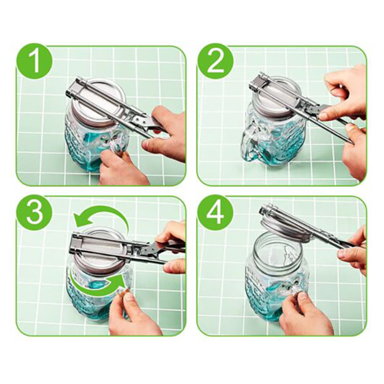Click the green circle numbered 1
coord(35,61)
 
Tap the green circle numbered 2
coord(216,61)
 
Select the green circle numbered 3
coord(35,212)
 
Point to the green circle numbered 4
coord(216,212)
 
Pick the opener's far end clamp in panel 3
coord(78,243)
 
